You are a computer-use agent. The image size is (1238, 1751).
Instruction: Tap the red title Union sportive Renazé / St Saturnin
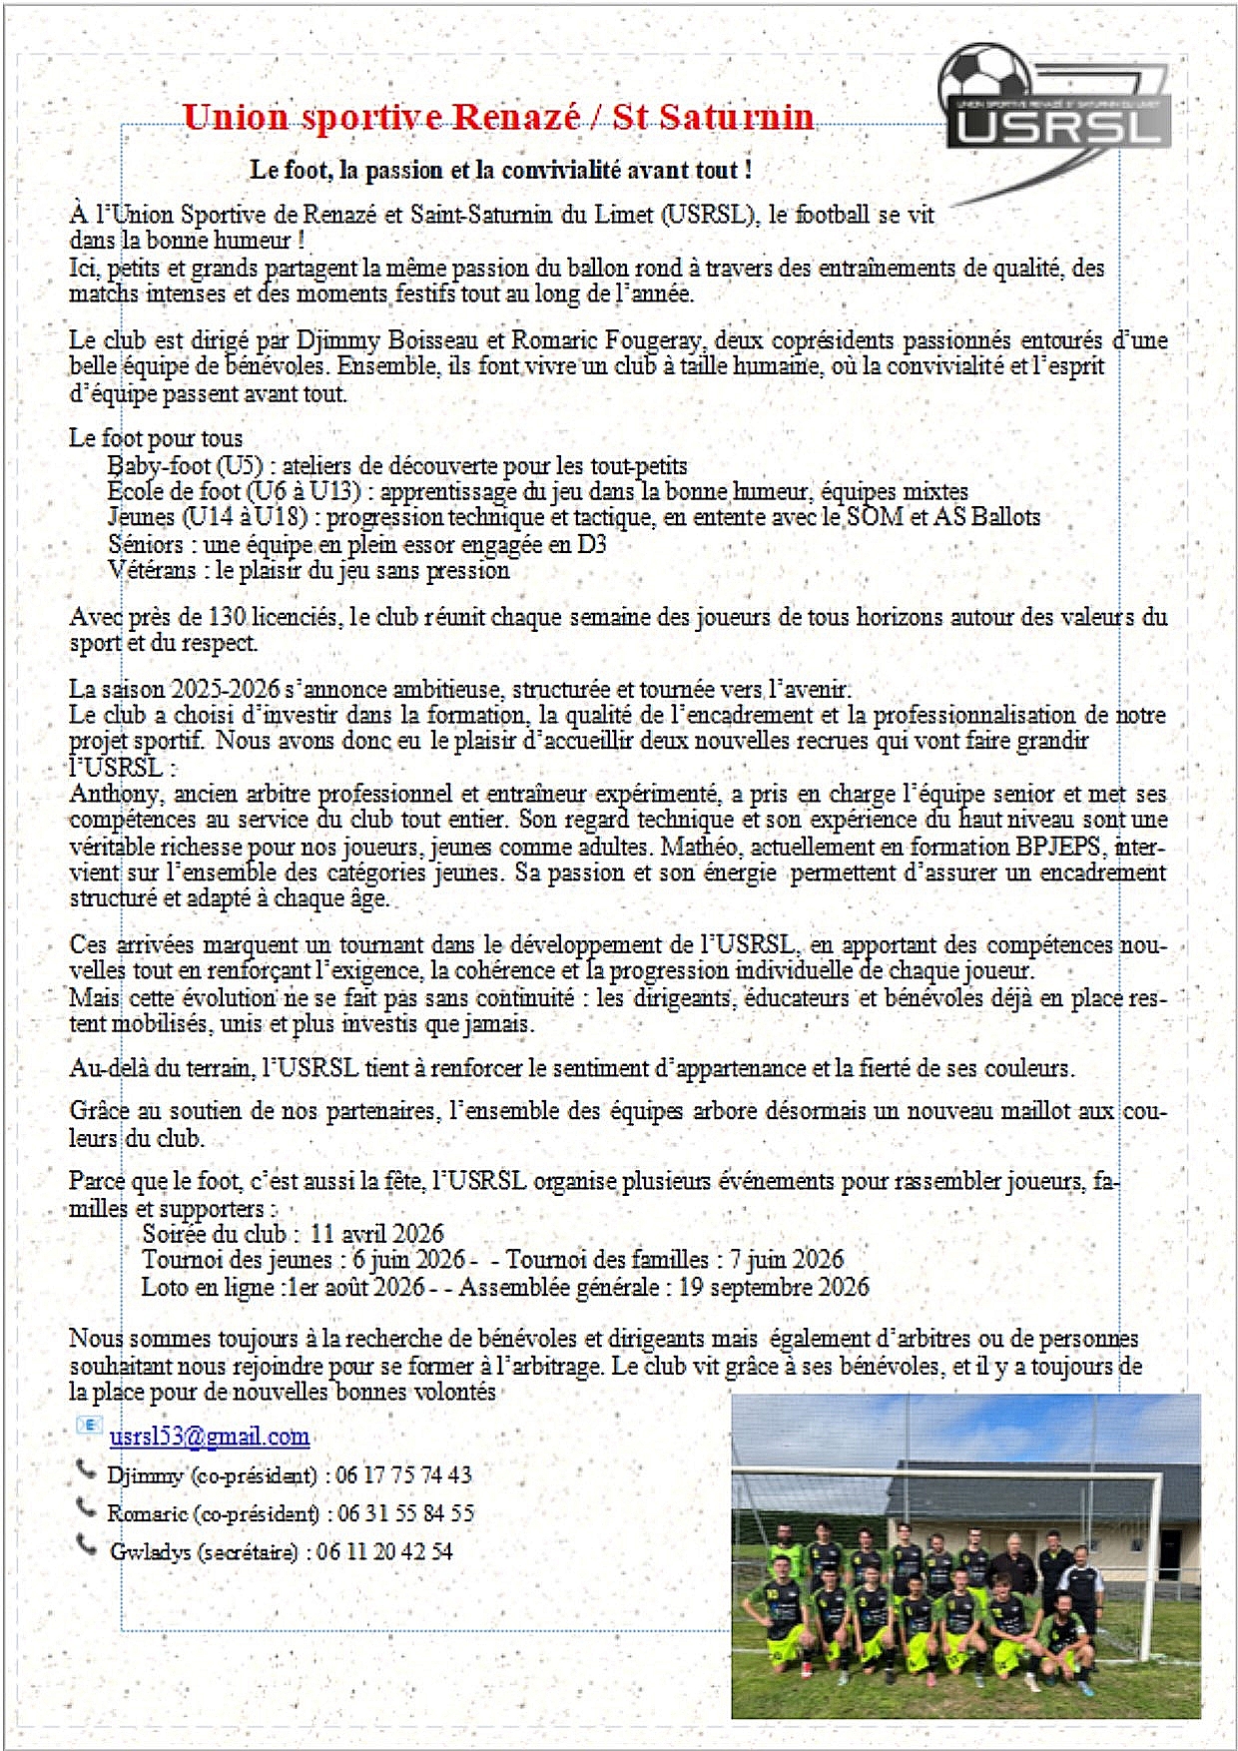498,118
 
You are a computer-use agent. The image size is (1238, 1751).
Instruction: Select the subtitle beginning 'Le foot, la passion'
500,170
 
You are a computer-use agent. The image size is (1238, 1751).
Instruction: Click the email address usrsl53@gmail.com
209,1437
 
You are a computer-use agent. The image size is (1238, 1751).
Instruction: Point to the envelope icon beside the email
88,1426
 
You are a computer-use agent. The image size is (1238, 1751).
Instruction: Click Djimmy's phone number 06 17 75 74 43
403,1475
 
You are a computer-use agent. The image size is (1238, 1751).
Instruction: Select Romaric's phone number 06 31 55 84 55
405,1513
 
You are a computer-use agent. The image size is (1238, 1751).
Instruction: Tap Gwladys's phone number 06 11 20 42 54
385,1551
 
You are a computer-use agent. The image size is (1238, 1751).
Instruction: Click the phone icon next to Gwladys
87,1544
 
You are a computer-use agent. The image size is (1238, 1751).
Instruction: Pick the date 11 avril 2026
376,1234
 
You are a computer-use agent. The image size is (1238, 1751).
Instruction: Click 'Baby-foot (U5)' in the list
185,465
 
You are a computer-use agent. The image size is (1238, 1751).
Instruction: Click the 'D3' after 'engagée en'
591,544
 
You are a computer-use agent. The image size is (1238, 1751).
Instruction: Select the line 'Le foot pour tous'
156,438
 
